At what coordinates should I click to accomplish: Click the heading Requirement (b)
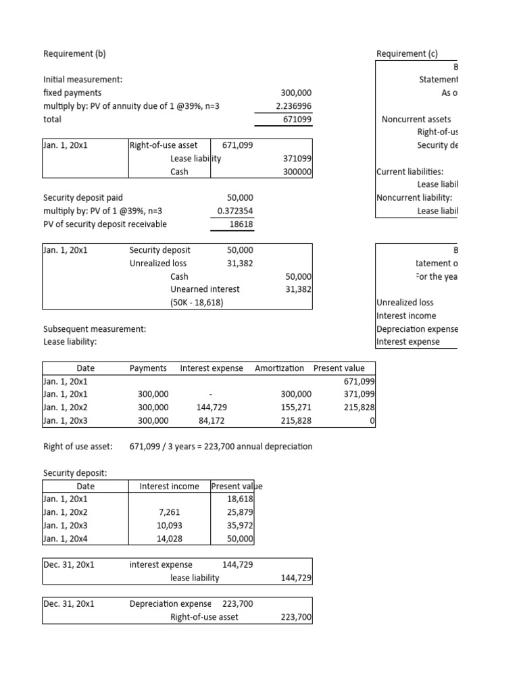click(74, 54)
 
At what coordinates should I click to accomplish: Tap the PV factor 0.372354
click(235, 211)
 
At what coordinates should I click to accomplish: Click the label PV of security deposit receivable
click(105, 224)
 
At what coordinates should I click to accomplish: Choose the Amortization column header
click(279, 368)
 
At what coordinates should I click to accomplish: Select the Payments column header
click(148, 368)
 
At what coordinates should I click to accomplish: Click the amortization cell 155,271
click(295, 407)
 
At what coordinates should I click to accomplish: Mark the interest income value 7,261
click(169, 512)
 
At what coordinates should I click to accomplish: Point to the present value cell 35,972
click(241, 525)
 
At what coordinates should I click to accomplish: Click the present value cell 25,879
click(241, 512)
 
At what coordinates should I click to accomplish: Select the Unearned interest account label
click(205, 289)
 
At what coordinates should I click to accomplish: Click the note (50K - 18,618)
click(197, 302)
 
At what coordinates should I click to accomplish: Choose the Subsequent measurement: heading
click(95, 329)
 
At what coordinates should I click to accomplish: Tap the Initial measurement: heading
click(82, 80)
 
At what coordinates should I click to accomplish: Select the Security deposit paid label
click(83, 197)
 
